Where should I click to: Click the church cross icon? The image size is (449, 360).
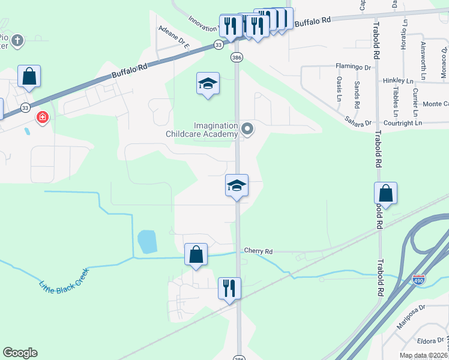18,41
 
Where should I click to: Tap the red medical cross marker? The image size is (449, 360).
43,117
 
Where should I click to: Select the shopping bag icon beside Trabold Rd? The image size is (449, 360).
385,193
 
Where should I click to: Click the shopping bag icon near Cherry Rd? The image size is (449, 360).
196,254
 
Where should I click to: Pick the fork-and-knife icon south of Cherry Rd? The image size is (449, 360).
229,288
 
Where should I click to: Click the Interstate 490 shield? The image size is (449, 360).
419,280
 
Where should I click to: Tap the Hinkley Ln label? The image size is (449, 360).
398,81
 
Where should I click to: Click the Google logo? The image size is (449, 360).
20,353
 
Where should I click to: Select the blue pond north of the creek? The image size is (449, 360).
147,242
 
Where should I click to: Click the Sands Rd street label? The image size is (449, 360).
357,95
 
